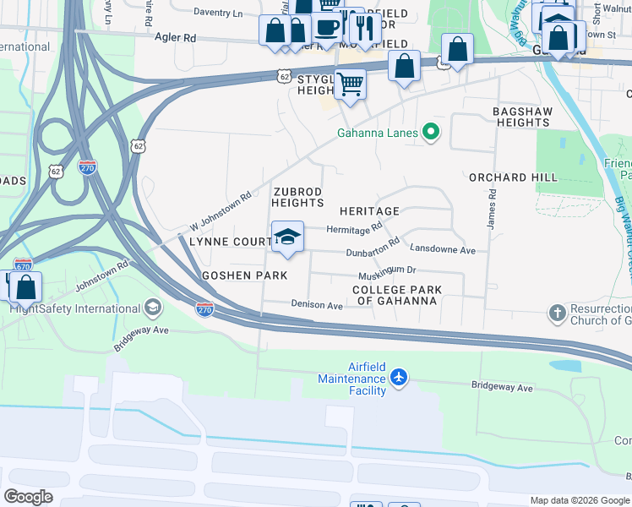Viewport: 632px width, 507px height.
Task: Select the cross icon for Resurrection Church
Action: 557,313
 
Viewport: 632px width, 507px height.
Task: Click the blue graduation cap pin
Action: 288,237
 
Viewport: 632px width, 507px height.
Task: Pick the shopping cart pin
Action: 349,84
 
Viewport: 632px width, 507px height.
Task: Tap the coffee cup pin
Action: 327,26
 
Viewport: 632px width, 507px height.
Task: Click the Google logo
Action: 28,496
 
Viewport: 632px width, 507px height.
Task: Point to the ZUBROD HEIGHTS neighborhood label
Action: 297,197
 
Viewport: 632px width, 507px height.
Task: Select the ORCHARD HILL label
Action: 513,177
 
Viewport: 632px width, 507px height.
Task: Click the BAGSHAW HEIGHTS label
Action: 522,117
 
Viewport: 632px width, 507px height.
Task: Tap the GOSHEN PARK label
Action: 245,275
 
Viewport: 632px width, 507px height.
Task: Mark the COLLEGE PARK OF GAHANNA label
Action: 397,296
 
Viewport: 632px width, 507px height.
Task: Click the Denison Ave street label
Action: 317,304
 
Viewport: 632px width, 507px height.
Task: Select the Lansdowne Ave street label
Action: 443,250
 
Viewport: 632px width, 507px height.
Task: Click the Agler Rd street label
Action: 175,38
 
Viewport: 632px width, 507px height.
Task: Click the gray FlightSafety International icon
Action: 153,306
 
